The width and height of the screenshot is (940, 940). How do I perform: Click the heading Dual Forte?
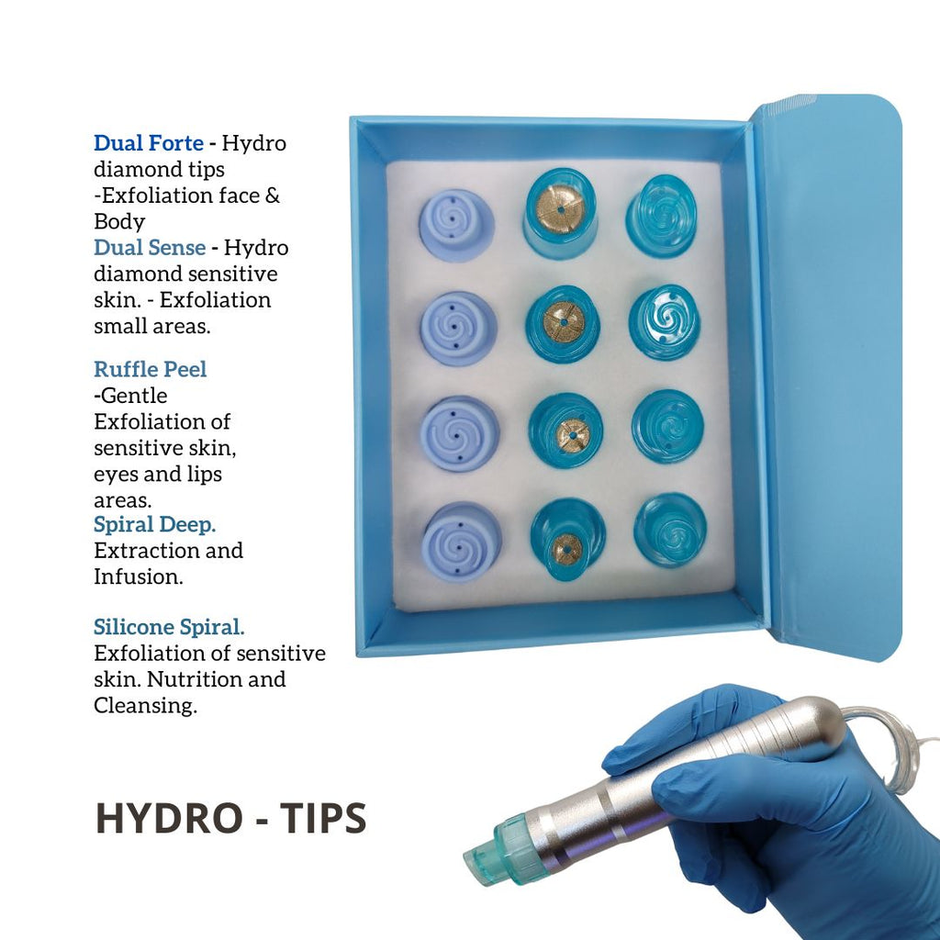(149, 144)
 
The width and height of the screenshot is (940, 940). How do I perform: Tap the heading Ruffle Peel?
(151, 369)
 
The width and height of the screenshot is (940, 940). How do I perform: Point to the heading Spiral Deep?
(155, 524)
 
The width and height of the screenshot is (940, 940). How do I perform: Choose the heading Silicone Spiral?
(169, 628)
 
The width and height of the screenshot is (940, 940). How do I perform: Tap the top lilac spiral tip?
(456, 225)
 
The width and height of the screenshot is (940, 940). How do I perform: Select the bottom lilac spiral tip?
(462, 541)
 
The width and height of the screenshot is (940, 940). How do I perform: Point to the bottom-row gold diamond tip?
(567, 545)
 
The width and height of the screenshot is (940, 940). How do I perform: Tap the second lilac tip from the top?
(458, 328)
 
